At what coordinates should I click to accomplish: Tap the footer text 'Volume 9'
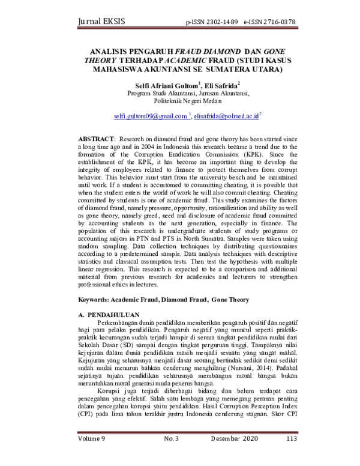point(92,456)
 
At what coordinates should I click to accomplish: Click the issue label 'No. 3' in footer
point(171,456)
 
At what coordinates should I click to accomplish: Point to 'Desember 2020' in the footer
point(233,456)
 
